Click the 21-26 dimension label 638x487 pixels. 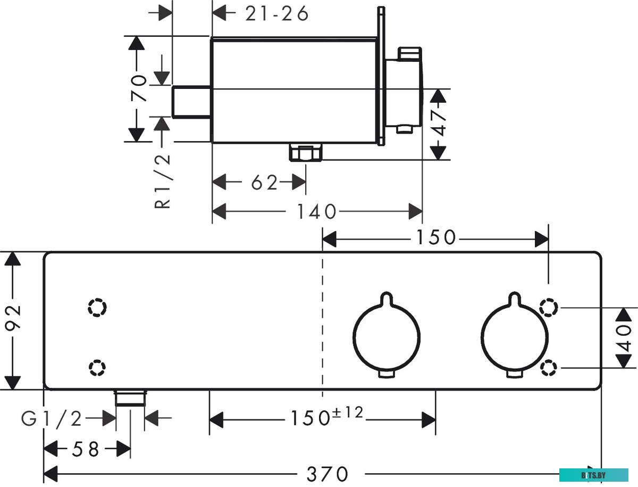[x=276, y=14]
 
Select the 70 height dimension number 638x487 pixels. [x=139, y=88]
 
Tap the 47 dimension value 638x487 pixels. [x=438, y=122]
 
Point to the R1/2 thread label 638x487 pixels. [x=162, y=181]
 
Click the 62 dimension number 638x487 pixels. [x=264, y=183]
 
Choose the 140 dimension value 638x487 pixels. [x=316, y=211]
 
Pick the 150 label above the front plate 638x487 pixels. [x=436, y=237]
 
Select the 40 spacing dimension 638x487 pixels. [x=623, y=338]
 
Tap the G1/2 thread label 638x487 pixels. [x=52, y=419]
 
